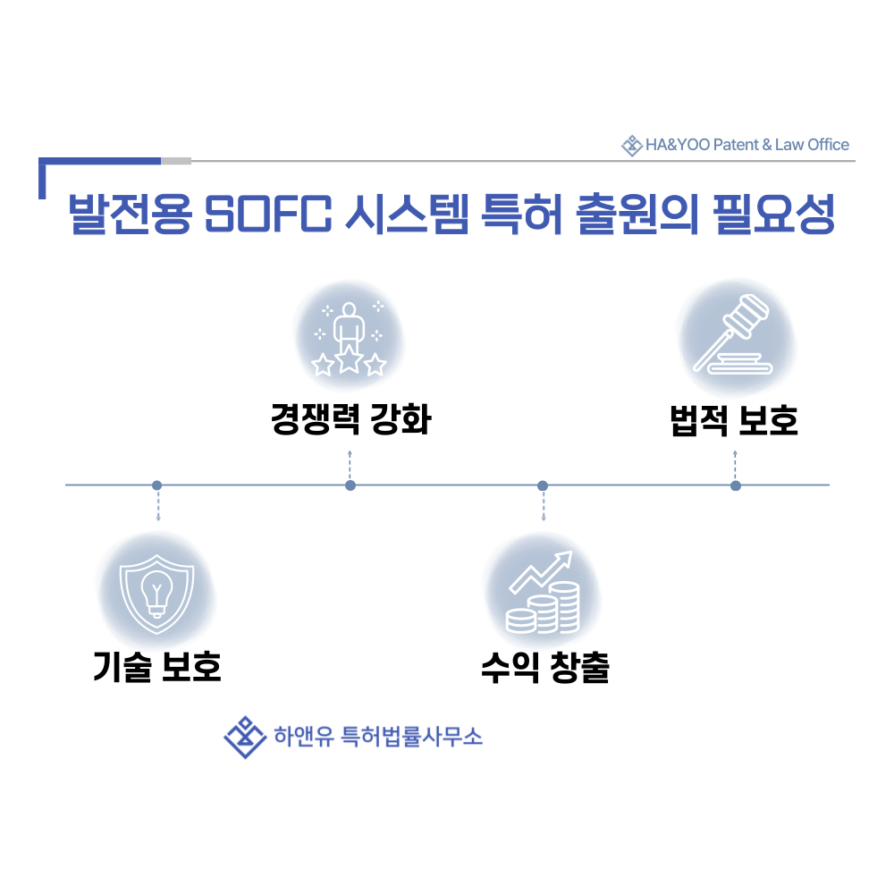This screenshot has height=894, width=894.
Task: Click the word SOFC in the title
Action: pos(268,214)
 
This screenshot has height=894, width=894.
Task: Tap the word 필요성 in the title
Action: pos(773,214)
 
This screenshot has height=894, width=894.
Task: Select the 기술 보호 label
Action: pos(156,667)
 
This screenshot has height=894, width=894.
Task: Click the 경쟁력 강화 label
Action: pos(350,419)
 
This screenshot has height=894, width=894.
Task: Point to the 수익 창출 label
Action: pos(545,667)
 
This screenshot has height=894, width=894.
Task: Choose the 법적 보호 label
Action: pos(734,420)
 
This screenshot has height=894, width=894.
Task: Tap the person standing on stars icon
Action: pos(349,338)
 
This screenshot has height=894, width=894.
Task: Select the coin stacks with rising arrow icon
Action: pos(543,592)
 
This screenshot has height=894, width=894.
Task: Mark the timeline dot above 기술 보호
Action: pos(156,485)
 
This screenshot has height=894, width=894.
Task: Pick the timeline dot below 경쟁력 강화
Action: pos(350,485)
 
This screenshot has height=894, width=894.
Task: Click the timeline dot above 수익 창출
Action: pos(543,485)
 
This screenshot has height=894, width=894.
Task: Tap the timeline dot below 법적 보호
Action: pos(736,485)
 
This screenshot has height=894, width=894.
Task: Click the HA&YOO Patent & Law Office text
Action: pos(746,145)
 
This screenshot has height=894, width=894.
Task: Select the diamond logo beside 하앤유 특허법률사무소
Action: pos(245,738)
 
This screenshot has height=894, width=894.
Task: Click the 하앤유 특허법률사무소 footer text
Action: pos(378,737)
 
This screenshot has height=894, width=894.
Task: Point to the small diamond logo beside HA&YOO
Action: pos(632,146)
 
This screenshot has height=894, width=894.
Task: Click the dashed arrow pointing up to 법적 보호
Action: pos(736,465)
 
